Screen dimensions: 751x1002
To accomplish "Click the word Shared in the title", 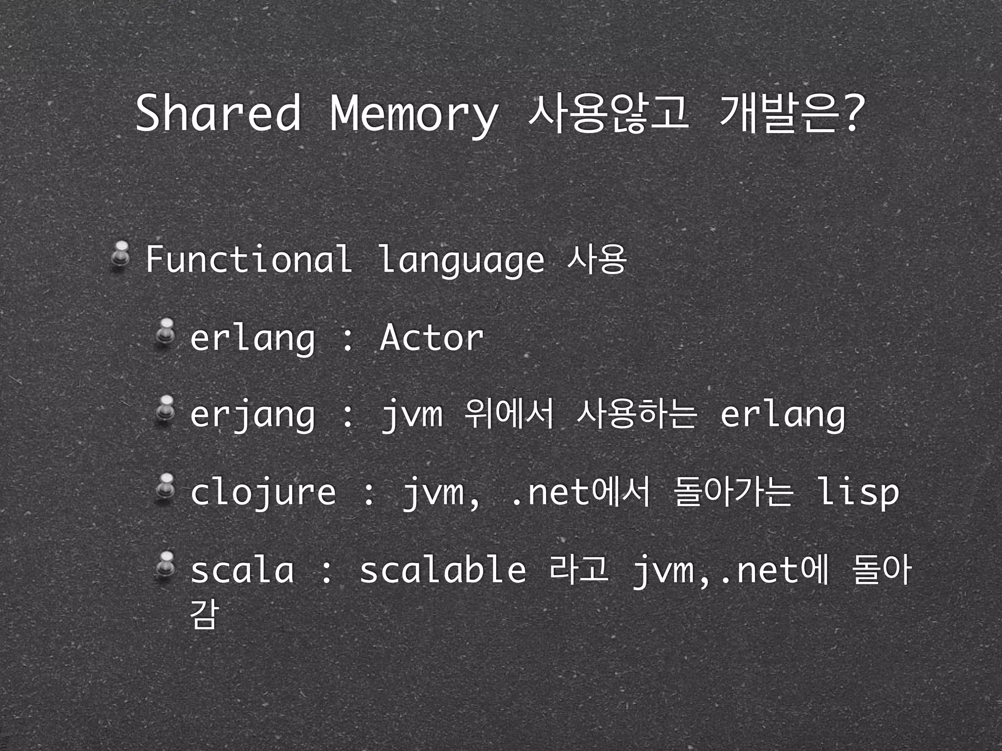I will pyautogui.click(x=218, y=113).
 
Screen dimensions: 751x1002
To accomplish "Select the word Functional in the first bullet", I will pyautogui.click(x=249, y=259).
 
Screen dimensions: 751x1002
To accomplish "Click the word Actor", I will pyautogui.click(x=432, y=337).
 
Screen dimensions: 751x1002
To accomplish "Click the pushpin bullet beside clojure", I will pyautogui.click(x=166, y=486).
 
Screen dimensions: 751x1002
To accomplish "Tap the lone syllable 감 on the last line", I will pyautogui.click(x=203, y=613).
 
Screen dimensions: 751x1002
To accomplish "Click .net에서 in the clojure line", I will pyautogui.click(x=580, y=493).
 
